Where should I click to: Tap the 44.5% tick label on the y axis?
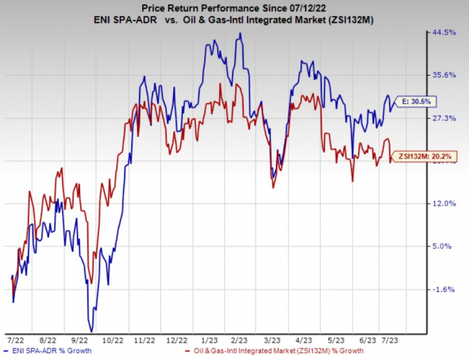[447, 33]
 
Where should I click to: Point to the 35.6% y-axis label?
[447, 75]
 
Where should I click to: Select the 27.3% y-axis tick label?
[447, 118]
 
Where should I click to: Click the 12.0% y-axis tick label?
[447, 203]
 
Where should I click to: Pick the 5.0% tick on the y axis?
[446, 246]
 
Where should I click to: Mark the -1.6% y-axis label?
[446, 289]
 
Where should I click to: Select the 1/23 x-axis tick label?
[206, 338]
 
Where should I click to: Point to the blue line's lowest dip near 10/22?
[92, 331]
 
